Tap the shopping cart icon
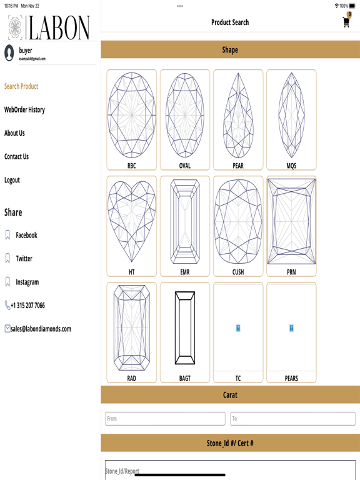[x=346, y=22]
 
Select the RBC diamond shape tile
[x=132, y=120]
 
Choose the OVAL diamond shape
[x=185, y=120]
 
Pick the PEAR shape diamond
[x=238, y=120]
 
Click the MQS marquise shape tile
[x=291, y=120]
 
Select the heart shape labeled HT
[x=132, y=226]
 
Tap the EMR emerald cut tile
[x=185, y=226]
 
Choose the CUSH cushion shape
[x=238, y=226]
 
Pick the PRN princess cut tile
[x=291, y=226]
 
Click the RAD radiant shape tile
[x=132, y=332]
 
